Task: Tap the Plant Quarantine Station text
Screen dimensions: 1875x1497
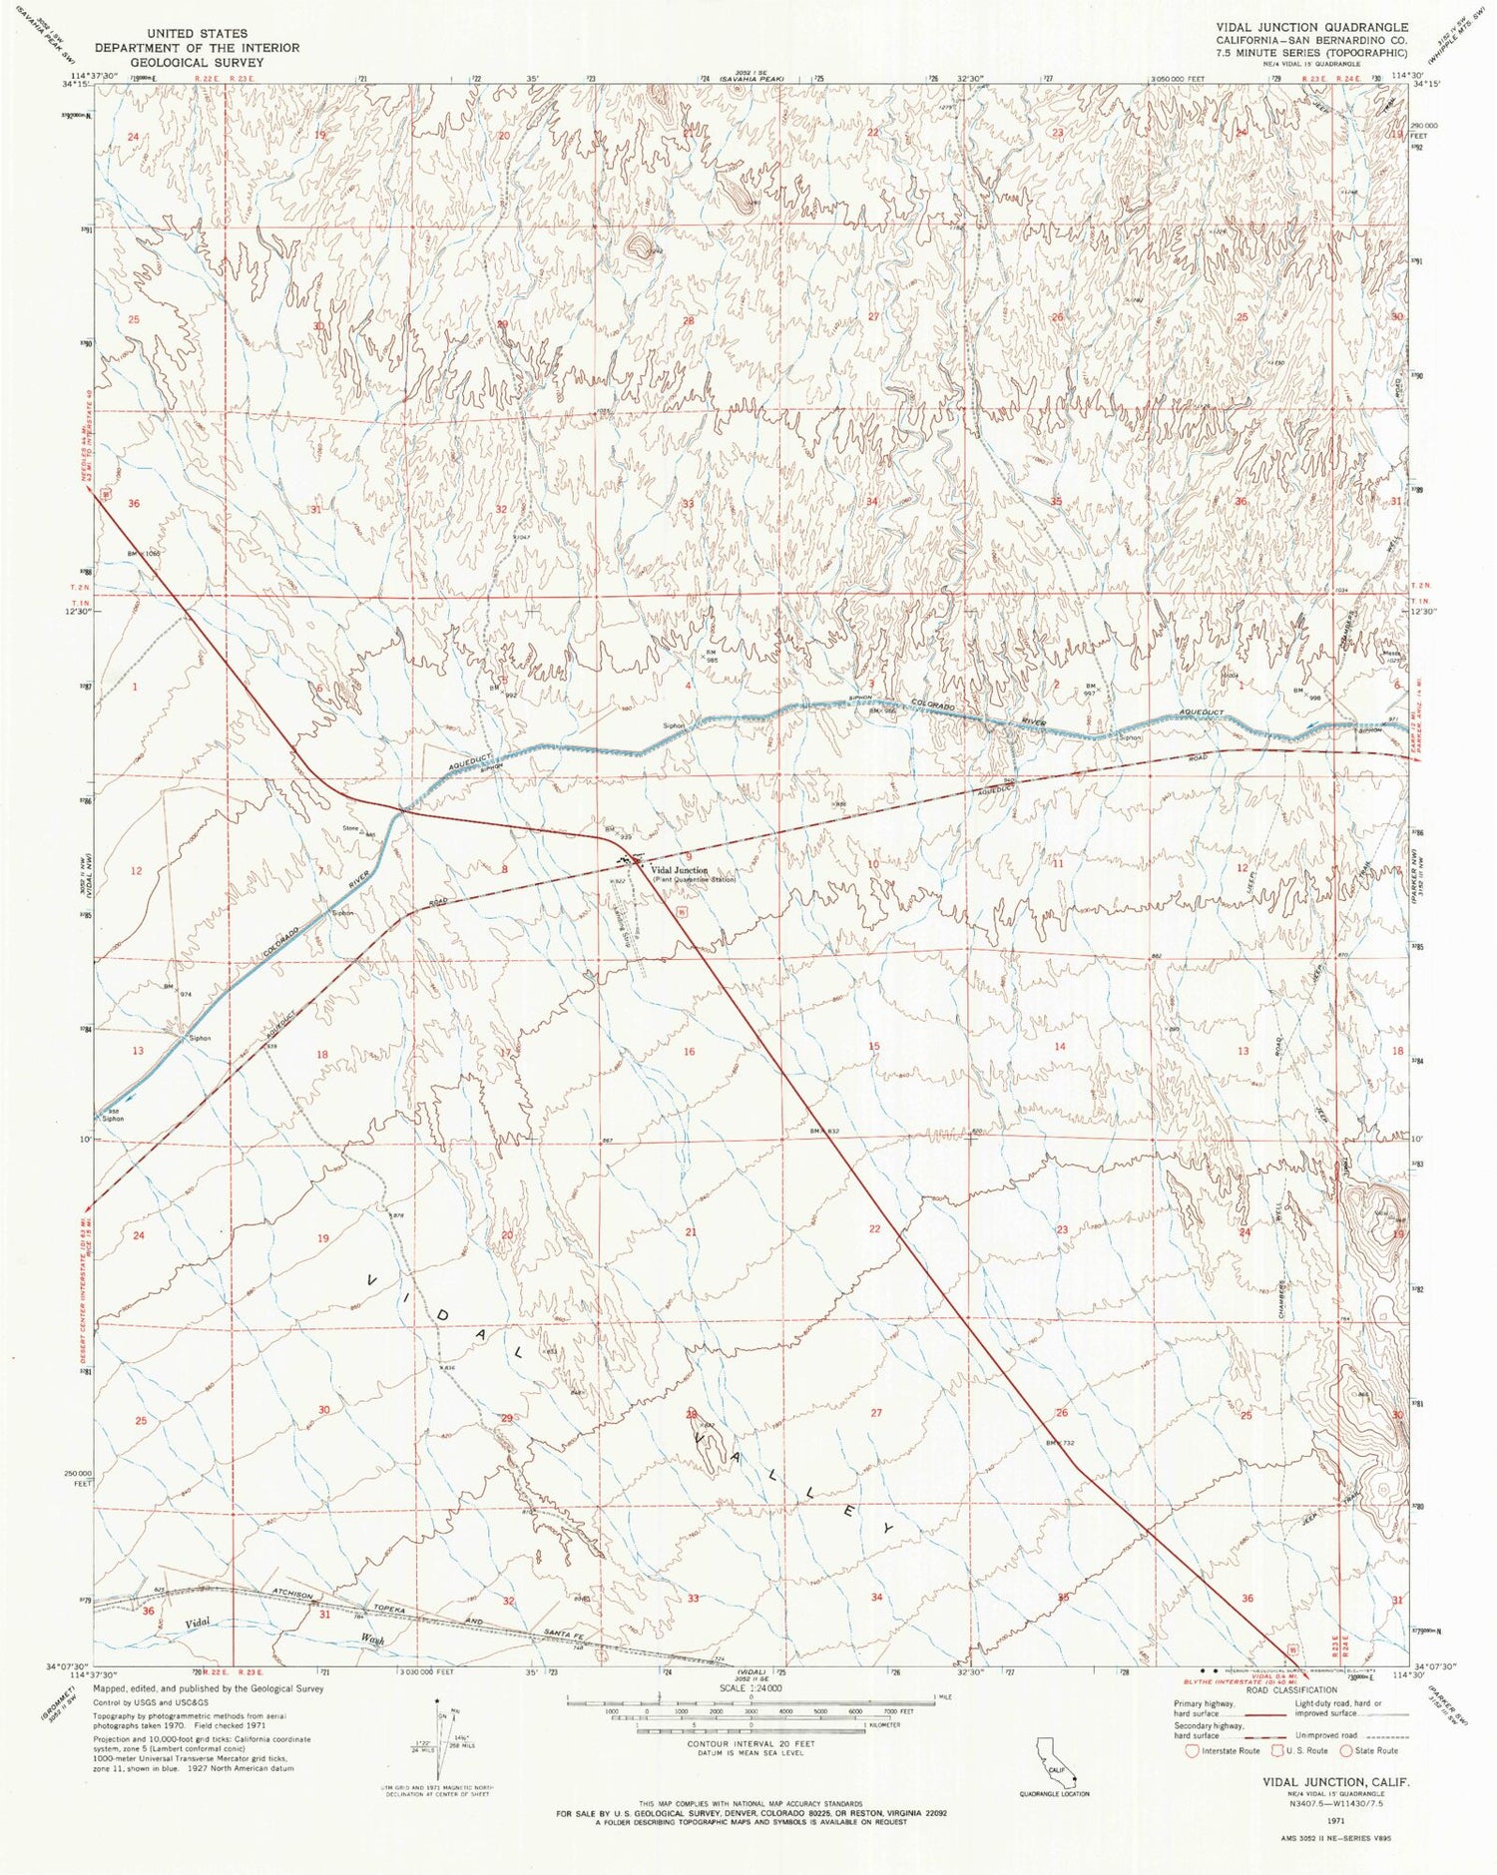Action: pyautogui.click(x=694, y=880)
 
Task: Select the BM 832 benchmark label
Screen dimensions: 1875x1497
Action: pyautogui.click(x=824, y=1131)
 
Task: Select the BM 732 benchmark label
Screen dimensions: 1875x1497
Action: pyautogui.click(x=1059, y=1443)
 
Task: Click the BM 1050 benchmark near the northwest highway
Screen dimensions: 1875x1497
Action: pyautogui.click(x=143, y=553)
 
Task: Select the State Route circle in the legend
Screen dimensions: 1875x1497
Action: pyautogui.click(x=1346, y=1750)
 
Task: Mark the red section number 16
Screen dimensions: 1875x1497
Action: pyautogui.click(x=689, y=1052)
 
